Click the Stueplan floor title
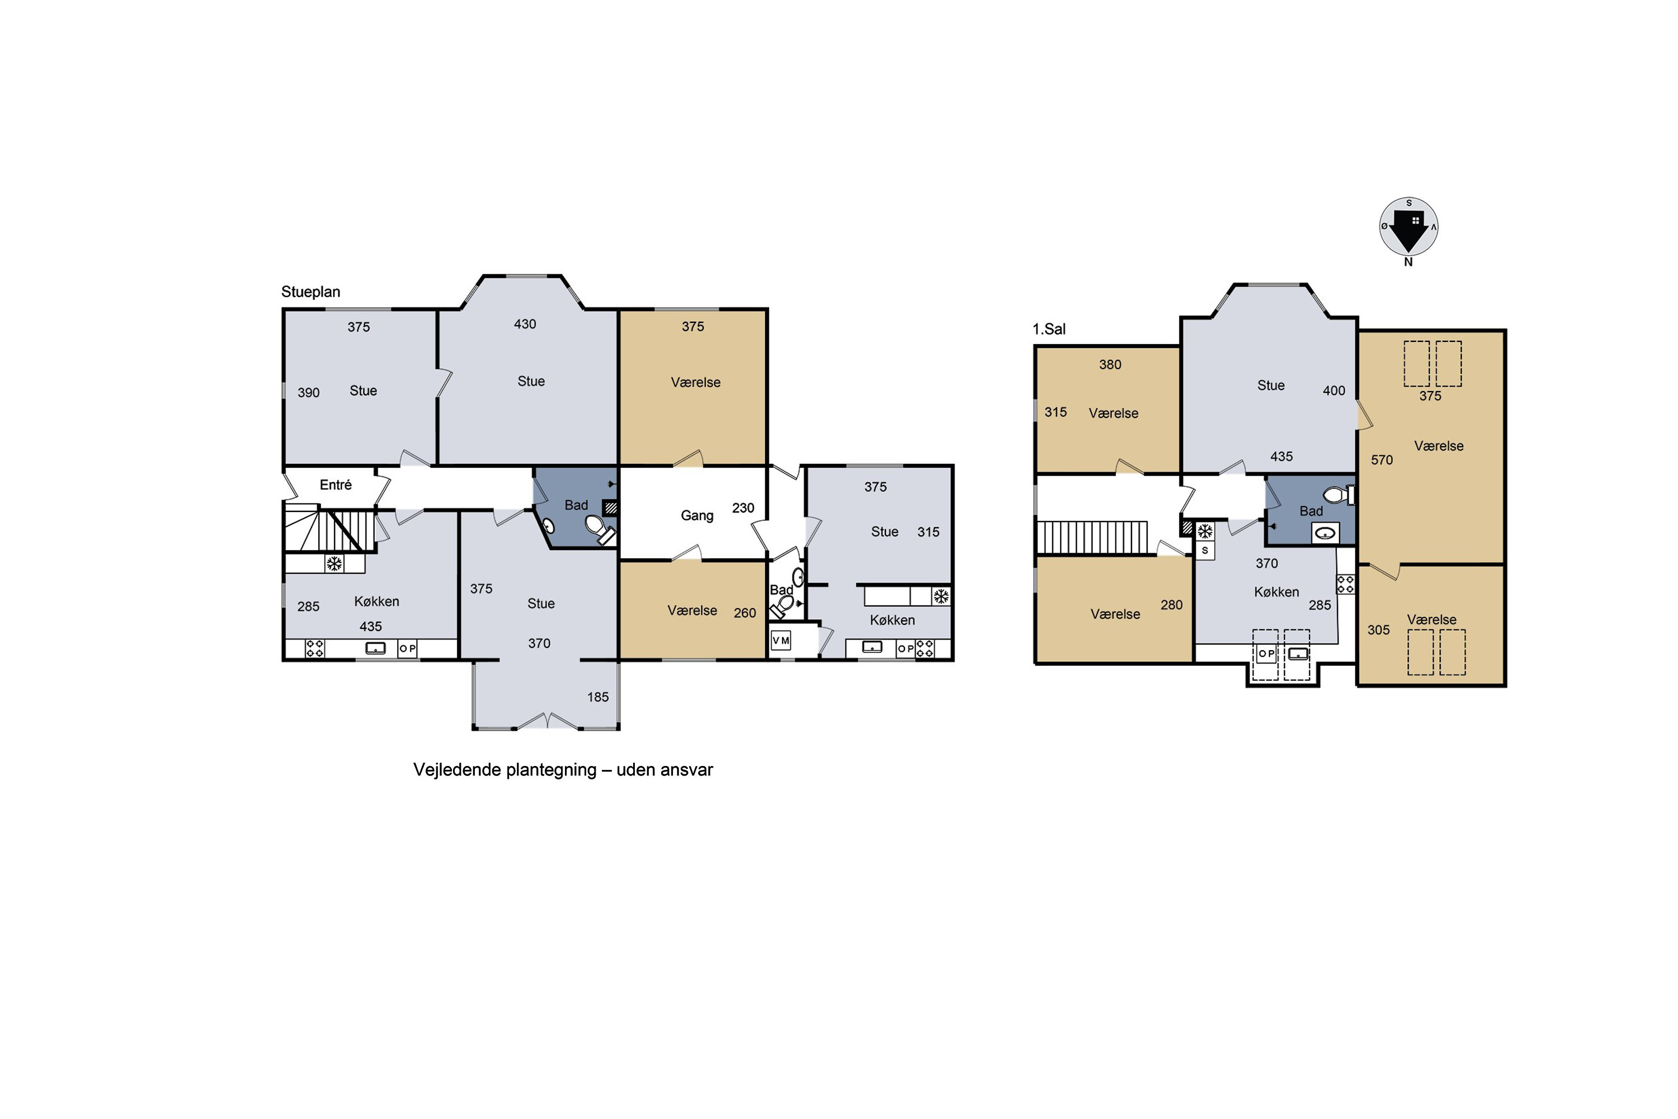(x=310, y=292)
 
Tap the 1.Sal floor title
(x=1049, y=329)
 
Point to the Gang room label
(x=697, y=516)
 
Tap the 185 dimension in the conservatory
(x=598, y=697)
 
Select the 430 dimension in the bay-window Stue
(x=525, y=324)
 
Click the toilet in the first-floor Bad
(x=1339, y=495)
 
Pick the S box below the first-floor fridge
(x=1205, y=550)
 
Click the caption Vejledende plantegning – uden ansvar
(x=563, y=770)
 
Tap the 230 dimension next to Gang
(x=743, y=508)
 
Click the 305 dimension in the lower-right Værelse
(x=1378, y=630)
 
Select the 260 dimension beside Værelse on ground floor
(x=745, y=613)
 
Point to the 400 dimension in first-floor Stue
(x=1334, y=391)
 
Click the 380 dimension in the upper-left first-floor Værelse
(x=1110, y=365)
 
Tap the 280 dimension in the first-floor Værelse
(x=1171, y=605)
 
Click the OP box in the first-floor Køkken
(x=1266, y=653)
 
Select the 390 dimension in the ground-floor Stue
(x=308, y=393)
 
